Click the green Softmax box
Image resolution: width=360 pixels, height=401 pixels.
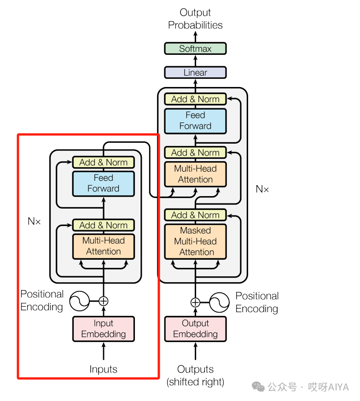click(195, 48)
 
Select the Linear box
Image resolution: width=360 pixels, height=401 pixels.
click(195, 72)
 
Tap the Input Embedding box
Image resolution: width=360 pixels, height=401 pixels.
click(104, 329)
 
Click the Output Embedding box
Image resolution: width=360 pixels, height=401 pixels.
click(195, 329)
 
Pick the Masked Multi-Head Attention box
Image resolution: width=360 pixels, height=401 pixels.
click(195, 241)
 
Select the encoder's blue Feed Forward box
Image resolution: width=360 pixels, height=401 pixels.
click(104, 183)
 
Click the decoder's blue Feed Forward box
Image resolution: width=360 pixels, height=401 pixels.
click(195, 121)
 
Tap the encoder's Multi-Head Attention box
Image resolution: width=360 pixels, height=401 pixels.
click(104, 246)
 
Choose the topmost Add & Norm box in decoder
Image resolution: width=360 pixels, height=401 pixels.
click(195, 99)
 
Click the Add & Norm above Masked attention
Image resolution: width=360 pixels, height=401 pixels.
click(195, 215)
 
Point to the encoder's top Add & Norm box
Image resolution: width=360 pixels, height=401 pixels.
click(104, 162)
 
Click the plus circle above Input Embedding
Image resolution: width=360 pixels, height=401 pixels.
click(104, 301)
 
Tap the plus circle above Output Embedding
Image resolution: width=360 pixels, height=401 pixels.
click(196, 302)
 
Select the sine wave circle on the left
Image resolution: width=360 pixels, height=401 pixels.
click(79, 301)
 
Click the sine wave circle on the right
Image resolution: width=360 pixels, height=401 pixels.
click(220, 302)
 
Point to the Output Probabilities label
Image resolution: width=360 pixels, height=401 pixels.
click(195, 19)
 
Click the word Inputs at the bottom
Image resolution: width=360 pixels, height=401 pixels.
click(104, 369)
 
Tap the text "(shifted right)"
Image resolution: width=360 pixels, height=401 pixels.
click(195, 382)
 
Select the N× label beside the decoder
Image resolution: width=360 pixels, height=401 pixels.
click(262, 189)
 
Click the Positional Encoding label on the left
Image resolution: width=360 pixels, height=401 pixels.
click(42, 300)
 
